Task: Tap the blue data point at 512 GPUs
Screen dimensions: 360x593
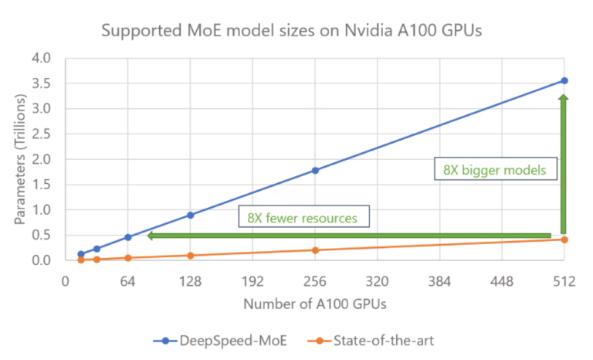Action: click(x=564, y=80)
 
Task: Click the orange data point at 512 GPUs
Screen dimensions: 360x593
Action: click(x=564, y=239)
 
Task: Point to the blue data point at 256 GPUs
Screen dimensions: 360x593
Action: click(x=315, y=170)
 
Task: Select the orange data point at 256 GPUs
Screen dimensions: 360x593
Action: click(x=315, y=250)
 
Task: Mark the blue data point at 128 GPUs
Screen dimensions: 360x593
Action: click(x=190, y=215)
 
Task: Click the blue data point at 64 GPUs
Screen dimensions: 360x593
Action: click(x=128, y=237)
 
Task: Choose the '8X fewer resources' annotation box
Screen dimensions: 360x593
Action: click(x=303, y=218)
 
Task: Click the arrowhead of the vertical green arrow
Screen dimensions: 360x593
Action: click(x=564, y=99)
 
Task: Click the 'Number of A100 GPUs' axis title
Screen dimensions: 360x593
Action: click(x=315, y=304)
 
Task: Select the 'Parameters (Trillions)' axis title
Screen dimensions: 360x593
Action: click(x=19, y=159)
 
